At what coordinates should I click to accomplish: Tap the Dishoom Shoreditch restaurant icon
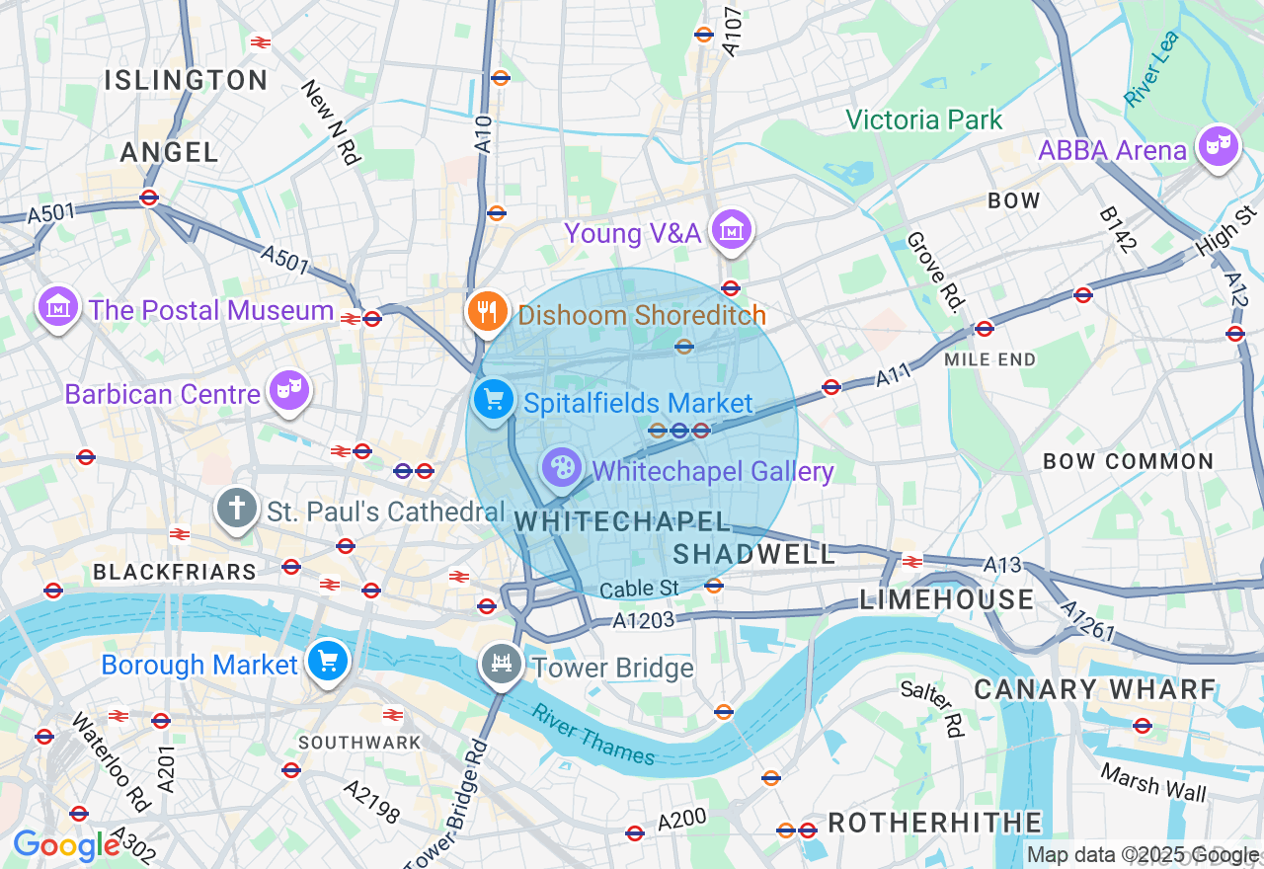coord(486,312)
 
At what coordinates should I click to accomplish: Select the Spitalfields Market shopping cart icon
coord(494,400)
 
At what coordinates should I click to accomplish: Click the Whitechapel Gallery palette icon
coord(561,467)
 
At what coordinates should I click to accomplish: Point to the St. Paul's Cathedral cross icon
coord(237,509)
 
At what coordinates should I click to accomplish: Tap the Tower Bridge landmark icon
coord(501,664)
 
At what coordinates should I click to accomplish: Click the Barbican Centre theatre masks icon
coord(289,390)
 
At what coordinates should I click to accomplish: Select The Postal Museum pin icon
coord(58,307)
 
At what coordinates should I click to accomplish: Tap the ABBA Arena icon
coord(1219,148)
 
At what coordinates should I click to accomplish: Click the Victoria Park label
coord(924,120)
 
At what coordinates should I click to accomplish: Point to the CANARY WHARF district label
coord(1095,689)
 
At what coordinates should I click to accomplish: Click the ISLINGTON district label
coord(186,80)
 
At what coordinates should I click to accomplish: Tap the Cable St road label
coord(639,589)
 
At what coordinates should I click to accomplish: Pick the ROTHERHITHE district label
coord(934,823)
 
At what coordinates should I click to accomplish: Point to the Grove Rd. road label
coord(933,273)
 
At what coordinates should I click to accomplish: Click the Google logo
coord(66,846)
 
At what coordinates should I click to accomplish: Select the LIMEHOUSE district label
coord(947,599)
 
